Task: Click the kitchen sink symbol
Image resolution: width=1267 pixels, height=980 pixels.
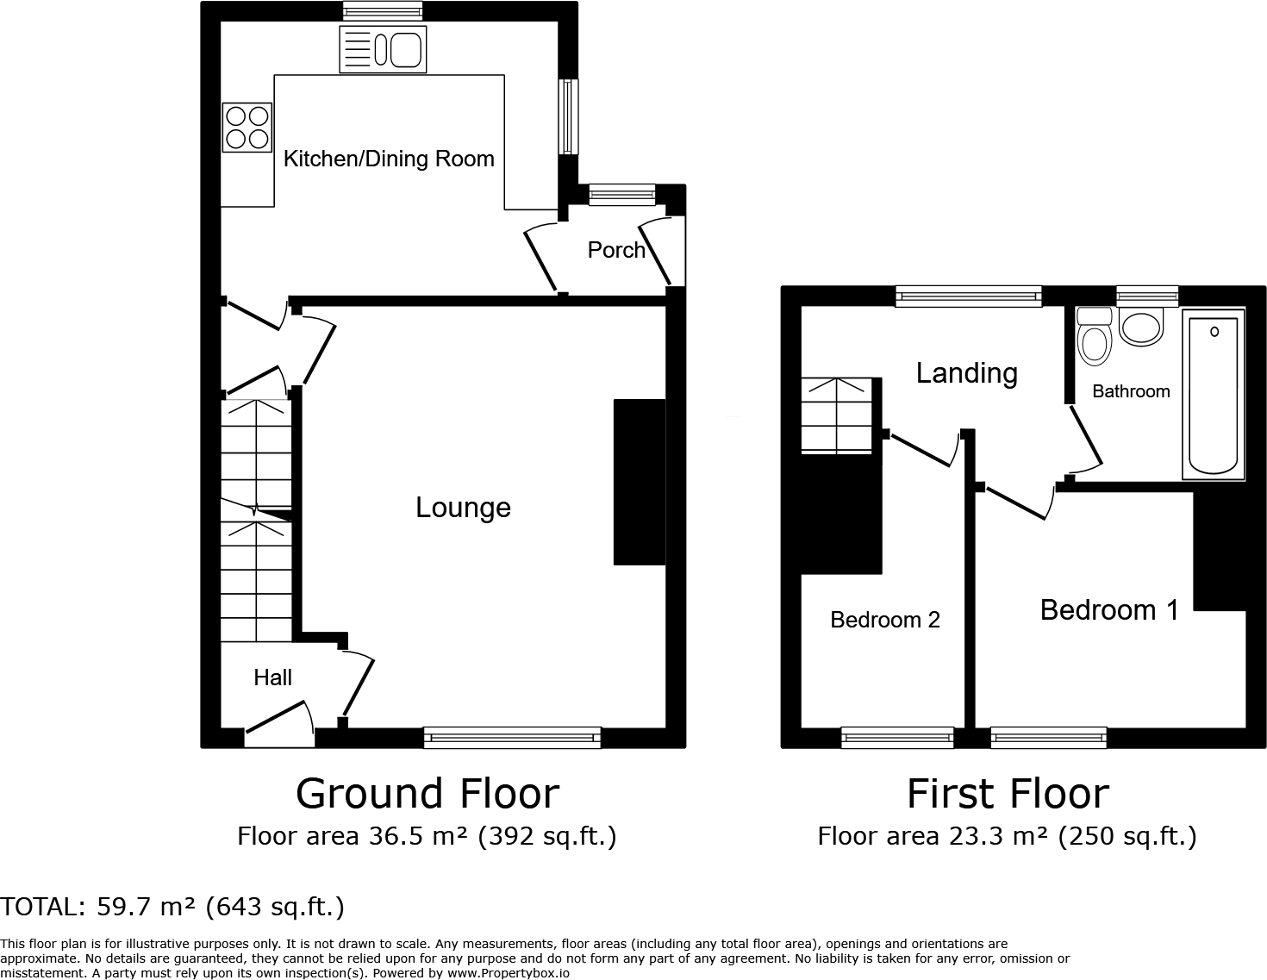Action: coord(384,48)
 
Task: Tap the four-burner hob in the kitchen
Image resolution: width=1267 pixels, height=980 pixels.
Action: coord(247,127)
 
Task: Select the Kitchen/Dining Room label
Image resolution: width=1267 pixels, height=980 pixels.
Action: coord(389,159)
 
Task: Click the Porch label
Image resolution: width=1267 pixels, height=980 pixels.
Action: coord(616,250)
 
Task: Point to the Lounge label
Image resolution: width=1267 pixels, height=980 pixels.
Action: coord(463,507)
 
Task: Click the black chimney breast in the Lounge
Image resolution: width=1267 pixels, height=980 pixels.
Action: coord(639,481)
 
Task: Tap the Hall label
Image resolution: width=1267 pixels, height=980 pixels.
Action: coord(272,677)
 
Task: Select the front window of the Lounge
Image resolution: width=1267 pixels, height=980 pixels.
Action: coord(512,737)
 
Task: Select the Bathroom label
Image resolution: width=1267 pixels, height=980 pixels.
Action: coord(1131,391)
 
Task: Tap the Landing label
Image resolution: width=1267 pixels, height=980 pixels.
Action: coord(966,372)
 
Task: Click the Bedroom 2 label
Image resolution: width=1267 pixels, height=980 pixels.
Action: coord(884,620)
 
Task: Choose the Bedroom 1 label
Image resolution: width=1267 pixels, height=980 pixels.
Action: coord(1109,609)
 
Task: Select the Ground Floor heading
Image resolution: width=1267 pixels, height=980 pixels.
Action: coord(428,793)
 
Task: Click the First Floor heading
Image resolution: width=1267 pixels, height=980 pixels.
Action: coord(1008,793)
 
